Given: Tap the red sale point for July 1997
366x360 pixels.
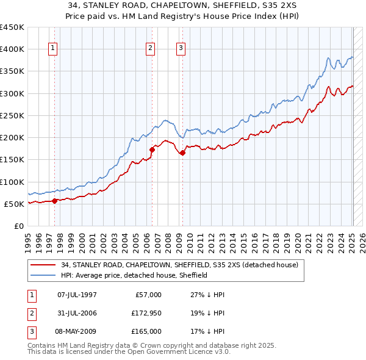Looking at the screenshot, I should tap(54, 200).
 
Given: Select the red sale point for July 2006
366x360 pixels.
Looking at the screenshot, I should tap(152, 149).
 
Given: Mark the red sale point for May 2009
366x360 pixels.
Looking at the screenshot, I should tap(182, 153).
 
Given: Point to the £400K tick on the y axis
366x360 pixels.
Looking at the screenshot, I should tap(12, 49).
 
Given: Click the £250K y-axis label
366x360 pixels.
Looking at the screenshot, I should tap(12, 115).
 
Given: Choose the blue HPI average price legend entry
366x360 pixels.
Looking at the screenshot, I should tap(134, 275).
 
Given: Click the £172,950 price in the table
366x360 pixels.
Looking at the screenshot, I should tap(146, 313).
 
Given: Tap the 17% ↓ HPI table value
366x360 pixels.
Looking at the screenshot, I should tap(207, 331).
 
